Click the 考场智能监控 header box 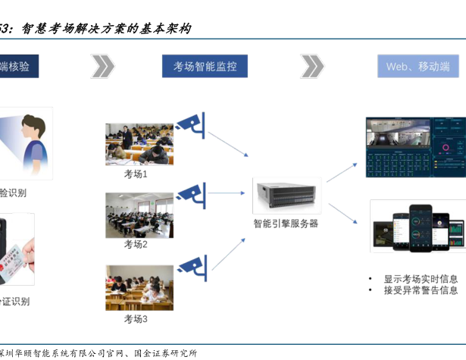point(205,67)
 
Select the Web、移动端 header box point(418,67)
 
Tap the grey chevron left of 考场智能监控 point(102,67)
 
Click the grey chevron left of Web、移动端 point(311,67)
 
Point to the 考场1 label point(136,174)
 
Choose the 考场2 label point(136,245)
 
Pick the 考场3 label point(136,319)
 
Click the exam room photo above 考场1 point(139,144)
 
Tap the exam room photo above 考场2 point(139,215)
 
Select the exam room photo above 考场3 point(139,287)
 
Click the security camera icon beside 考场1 point(191,123)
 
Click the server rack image point(286,196)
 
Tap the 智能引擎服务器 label point(286,224)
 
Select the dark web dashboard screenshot point(415,147)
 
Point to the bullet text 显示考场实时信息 point(421,279)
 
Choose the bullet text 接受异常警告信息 point(421,290)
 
